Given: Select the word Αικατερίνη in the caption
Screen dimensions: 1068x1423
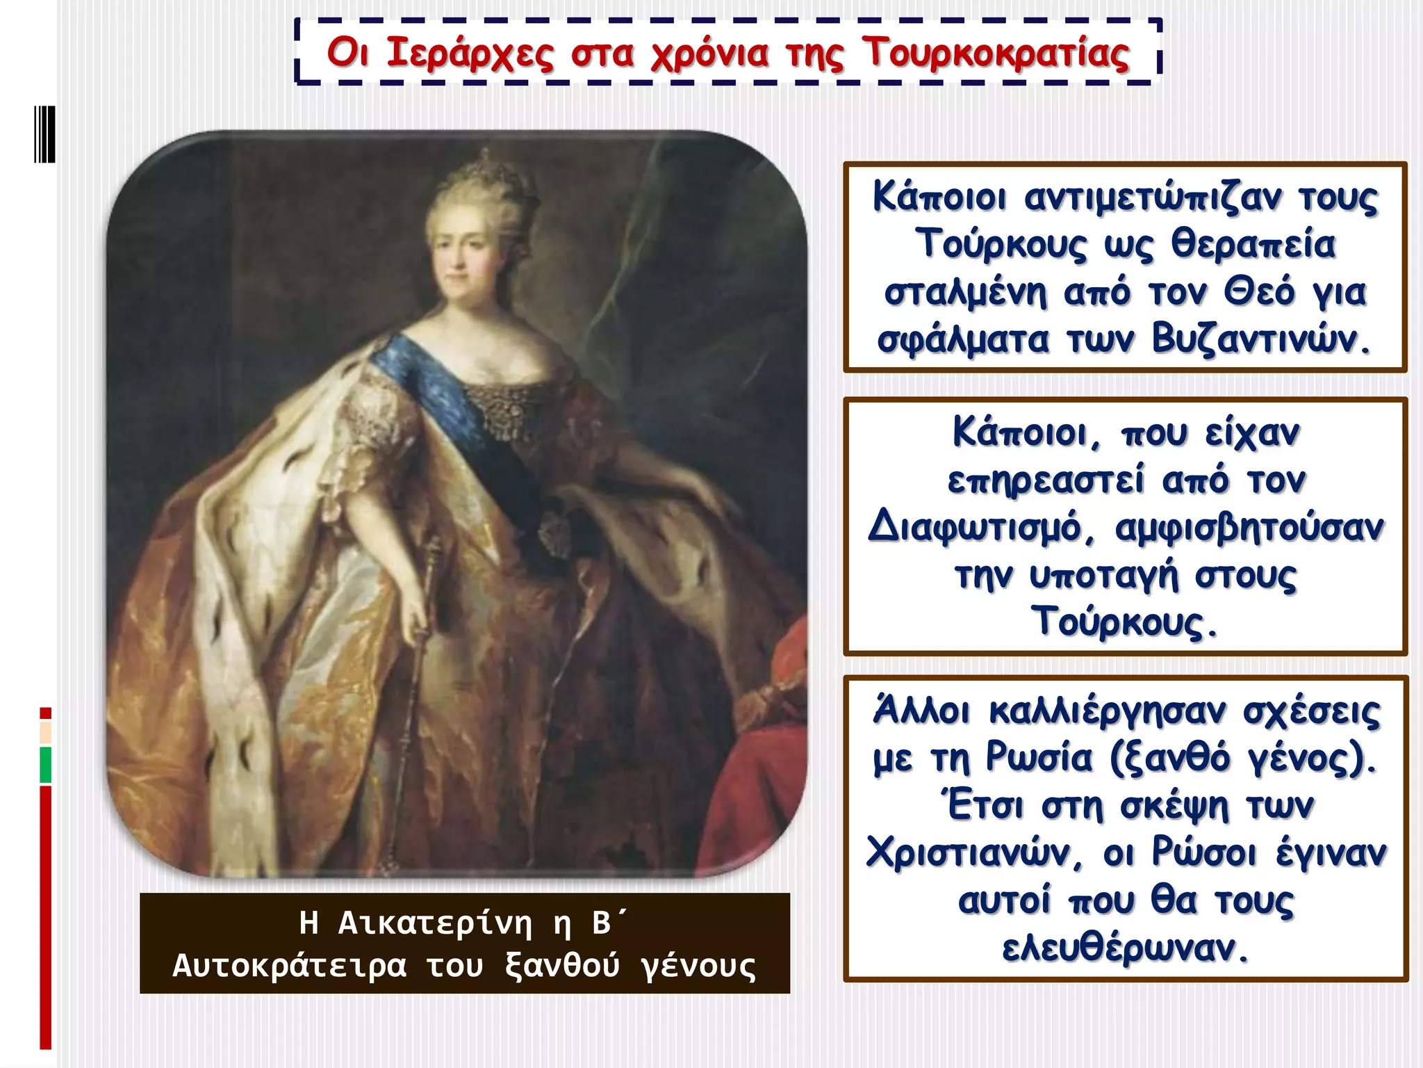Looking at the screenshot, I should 435,923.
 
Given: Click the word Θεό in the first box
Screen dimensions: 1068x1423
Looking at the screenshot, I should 1259,293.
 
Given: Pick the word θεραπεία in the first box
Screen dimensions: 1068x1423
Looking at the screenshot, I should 1253,245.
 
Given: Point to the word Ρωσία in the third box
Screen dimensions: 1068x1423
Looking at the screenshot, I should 1039,758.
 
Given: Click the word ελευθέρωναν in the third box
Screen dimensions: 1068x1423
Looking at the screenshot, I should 1126,947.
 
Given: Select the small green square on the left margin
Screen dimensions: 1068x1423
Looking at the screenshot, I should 46,764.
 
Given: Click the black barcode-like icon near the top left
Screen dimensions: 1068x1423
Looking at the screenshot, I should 44,134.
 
